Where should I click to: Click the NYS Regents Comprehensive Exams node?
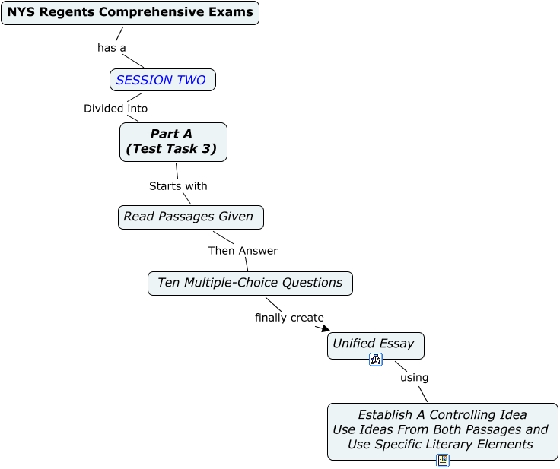[130, 13]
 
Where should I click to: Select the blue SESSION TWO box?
[163, 80]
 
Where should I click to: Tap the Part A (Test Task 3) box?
[173, 142]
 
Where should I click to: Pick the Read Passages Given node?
[191, 217]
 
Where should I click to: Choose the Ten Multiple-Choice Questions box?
[250, 284]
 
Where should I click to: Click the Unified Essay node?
[376, 346]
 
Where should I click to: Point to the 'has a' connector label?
[111, 47]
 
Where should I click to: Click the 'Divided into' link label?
[116, 108]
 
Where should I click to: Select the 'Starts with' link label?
[178, 186]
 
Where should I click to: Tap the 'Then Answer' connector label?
[243, 251]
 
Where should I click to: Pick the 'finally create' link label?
[289, 317]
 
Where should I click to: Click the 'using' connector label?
[414, 377]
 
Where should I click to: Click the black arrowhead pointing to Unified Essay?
[326, 328]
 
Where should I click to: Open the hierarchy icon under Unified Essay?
[376, 360]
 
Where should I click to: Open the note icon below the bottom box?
[443, 461]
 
